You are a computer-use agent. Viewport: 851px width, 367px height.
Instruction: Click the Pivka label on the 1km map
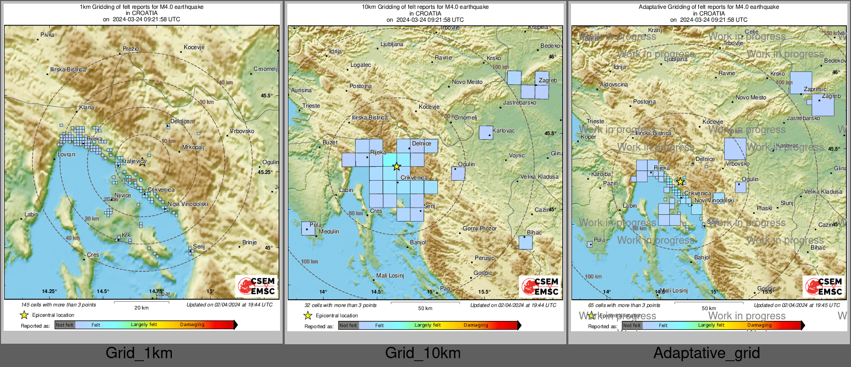click(47, 35)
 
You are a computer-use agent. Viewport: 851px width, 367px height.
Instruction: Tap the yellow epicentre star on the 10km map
click(397, 167)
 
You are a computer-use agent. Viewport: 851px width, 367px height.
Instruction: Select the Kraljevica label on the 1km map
click(133, 161)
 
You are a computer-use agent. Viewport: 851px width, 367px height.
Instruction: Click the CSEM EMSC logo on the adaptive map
click(824, 286)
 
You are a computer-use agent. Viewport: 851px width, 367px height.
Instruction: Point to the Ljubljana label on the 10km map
click(392, 45)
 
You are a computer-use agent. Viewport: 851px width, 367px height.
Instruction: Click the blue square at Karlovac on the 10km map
click(486, 133)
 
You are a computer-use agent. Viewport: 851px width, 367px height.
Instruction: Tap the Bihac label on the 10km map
click(534, 232)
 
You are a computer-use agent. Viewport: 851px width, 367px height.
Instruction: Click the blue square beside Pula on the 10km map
click(308, 228)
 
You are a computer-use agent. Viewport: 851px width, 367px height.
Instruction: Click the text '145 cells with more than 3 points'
click(58, 305)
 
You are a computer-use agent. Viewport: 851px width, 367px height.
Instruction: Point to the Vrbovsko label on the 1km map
click(242, 131)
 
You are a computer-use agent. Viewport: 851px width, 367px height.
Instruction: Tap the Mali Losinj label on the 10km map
click(390, 275)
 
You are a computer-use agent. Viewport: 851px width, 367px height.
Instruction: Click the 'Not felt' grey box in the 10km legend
click(348, 326)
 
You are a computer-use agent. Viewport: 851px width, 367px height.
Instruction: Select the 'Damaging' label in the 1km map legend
click(192, 325)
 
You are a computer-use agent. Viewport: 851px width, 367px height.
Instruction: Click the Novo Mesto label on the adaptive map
click(751, 97)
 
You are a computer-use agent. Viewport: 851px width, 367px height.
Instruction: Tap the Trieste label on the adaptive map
click(595, 121)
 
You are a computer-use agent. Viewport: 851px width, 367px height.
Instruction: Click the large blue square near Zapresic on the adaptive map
click(800, 83)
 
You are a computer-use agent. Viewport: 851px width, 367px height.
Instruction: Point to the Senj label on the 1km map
click(199, 246)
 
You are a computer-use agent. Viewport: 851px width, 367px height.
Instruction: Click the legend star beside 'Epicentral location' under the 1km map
click(24, 315)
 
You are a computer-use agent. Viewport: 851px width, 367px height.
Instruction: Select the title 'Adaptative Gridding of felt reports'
click(709, 7)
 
